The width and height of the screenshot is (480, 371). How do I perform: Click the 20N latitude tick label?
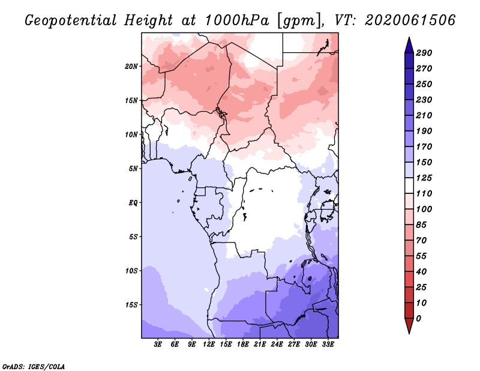click(x=131, y=66)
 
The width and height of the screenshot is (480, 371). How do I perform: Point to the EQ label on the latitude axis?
click(x=133, y=202)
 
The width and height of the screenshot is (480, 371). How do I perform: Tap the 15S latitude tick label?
click(x=131, y=305)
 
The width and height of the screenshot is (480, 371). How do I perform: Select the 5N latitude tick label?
click(x=133, y=169)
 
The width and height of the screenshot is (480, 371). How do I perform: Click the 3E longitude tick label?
click(x=158, y=345)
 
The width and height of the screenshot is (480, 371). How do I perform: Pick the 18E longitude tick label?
click(x=243, y=345)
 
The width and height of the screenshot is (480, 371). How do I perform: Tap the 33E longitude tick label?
click(x=328, y=345)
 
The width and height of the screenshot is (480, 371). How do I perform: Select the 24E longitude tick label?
click(x=277, y=345)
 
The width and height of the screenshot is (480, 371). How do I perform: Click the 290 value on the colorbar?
click(x=424, y=53)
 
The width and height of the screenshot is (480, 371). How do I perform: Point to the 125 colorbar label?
click(x=424, y=178)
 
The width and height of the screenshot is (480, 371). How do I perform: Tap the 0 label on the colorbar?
click(x=419, y=319)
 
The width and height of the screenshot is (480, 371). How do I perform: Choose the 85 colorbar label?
click(x=421, y=225)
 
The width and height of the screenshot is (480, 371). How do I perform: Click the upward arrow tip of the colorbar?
click(x=409, y=37)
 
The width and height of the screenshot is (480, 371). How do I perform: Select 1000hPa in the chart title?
click(x=237, y=20)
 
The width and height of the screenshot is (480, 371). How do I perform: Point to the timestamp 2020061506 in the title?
click(x=410, y=20)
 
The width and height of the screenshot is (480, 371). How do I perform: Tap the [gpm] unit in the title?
click(x=299, y=21)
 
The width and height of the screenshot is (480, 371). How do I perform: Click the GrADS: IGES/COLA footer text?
click(x=34, y=367)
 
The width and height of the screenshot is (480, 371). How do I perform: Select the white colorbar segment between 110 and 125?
click(x=409, y=185)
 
